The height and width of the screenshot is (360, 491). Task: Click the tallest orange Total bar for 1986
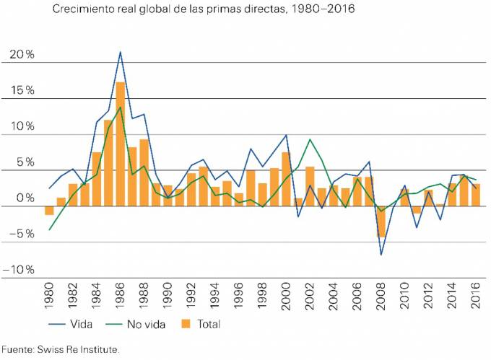pos(121,144)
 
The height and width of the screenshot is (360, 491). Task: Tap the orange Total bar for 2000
pos(286,179)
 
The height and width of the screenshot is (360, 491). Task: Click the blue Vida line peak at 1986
pos(121,52)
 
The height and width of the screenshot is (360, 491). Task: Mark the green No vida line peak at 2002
pos(310,139)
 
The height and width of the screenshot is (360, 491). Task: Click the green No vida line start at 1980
pos(50,229)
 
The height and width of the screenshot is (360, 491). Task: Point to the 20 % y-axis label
pos(22,55)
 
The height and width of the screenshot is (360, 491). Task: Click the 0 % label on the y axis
pos(25,198)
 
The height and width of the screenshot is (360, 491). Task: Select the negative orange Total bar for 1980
pos(50,211)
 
